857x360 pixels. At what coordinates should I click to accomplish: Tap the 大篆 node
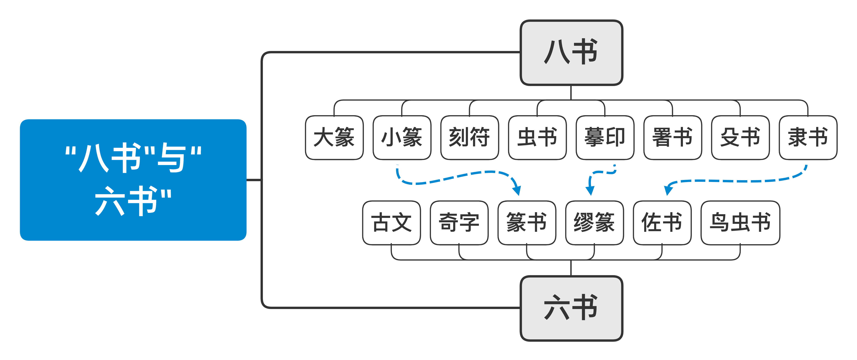334,137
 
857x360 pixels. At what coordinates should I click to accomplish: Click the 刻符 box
469,137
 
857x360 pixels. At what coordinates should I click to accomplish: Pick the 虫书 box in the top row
537,137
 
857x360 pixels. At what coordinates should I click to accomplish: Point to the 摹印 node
605,137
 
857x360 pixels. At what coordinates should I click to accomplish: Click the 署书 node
672,137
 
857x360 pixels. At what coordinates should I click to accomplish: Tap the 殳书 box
740,137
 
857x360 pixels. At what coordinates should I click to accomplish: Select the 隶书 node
808,137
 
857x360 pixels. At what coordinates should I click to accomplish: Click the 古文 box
391,223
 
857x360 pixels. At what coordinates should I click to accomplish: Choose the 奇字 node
459,223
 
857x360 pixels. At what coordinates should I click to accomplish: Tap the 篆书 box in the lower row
527,223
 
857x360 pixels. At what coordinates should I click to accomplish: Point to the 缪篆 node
594,223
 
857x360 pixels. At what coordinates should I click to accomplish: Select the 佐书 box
662,223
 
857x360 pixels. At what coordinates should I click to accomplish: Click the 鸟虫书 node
740,223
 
